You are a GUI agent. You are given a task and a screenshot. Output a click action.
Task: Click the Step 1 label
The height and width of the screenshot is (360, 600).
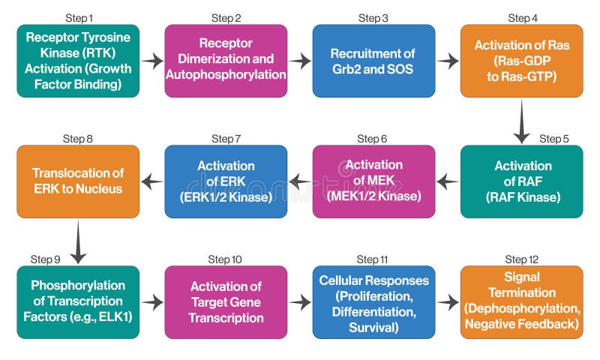tap(78, 18)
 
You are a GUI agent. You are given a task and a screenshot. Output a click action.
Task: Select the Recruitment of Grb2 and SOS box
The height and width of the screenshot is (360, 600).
tap(373, 61)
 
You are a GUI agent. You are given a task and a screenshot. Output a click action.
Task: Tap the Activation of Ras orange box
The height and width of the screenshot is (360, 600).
tap(521, 61)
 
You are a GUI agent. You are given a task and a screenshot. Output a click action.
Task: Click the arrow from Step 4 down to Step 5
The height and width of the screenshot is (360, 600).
tap(521, 123)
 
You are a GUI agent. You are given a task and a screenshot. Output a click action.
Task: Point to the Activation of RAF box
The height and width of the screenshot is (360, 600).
tap(521, 181)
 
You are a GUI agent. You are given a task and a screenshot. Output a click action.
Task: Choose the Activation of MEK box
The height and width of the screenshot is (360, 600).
tap(373, 181)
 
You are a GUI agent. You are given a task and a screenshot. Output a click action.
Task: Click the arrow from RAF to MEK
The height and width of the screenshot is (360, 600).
tap(447, 181)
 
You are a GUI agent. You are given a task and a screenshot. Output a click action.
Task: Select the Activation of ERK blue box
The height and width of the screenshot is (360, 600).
tap(226, 181)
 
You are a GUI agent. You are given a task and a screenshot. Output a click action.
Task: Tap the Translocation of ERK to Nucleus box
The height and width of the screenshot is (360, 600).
tap(78, 181)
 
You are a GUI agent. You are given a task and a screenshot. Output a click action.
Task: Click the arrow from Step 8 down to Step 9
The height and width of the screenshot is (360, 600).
tap(78, 244)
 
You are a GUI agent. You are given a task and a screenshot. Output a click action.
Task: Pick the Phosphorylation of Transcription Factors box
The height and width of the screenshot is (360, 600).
tap(78, 301)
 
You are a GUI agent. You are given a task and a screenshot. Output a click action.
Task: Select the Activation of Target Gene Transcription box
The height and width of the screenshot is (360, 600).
tap(226, 301)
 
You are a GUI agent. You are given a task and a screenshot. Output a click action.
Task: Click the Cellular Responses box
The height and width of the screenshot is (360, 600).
tap(373, 301)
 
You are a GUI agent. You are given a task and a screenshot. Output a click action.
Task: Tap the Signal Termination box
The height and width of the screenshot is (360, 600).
tap(521, 301)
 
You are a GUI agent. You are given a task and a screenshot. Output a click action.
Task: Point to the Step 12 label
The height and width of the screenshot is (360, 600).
tap(521, 259)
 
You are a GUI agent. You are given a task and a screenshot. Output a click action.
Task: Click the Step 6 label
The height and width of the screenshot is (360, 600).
tap(373, 139)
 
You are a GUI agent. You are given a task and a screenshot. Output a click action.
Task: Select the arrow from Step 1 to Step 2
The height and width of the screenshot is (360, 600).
tap(151, 61)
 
